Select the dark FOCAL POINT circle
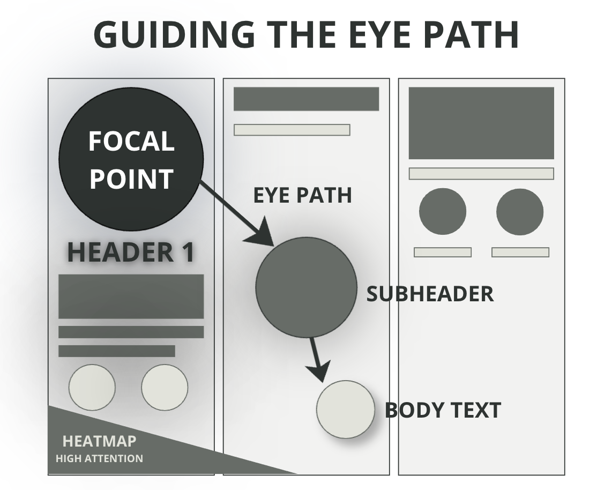coord(131,159)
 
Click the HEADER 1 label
coord(131,253)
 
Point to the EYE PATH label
coord(302,196)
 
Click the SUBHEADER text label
coord(430,294)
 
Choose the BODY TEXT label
coord(443,410)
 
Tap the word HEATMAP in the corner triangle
coord(100,441)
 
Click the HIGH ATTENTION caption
coord(99,458)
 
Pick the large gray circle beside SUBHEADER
coord(306,287)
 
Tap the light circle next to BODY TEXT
coord(345,410)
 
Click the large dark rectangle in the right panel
coord(481,123)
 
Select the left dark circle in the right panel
coord(442,211)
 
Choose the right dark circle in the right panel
coord(520,211)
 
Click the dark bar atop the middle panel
coord(306,99)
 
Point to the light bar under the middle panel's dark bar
coord(292,130)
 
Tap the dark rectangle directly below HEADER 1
coord(131,296)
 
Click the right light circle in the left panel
coord(165,388)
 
